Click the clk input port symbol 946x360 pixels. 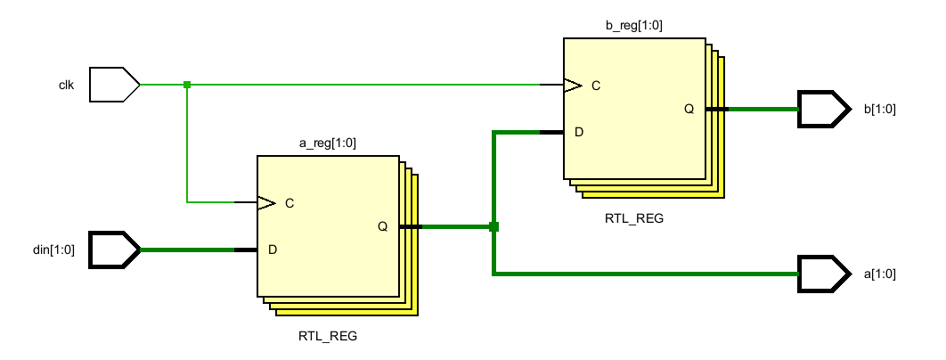(x=115, y=85)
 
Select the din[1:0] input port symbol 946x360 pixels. (x=115, y=250)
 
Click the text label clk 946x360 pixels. (x=66, y=86)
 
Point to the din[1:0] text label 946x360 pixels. (x=54, y=250)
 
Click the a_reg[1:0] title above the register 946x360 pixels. (x=328, y=143)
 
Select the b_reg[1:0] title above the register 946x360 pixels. (x=635, y=25)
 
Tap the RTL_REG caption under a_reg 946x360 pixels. (x=328, y=337)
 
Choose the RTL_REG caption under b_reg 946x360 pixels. (x=634, y=218)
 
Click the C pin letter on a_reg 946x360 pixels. (x=290, y=203)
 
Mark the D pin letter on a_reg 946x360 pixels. (x=273, y=250)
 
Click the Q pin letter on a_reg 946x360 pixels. (x=382, y=226)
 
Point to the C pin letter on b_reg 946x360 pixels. (x=596, y=86)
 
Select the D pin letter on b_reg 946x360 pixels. (x=579, y=132)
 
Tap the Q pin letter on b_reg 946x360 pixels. (x=689, y=109)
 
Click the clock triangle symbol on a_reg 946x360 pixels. (x=266, y=202)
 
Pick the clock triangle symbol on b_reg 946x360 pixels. (x=573, y=86)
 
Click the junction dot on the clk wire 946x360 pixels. (x=187, y=85)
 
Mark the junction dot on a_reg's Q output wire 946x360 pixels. (x=493, y=226)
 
